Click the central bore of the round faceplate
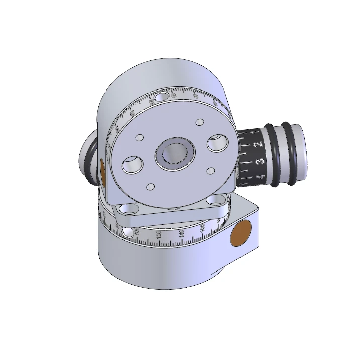pos(175,151)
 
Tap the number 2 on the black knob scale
pos(258,145)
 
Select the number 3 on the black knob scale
pos(260,161)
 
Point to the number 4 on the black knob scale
pos(260,176)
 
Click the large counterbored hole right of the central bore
pos(217,144)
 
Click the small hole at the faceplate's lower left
pos(149,187)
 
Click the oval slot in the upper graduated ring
pos(161,97)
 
